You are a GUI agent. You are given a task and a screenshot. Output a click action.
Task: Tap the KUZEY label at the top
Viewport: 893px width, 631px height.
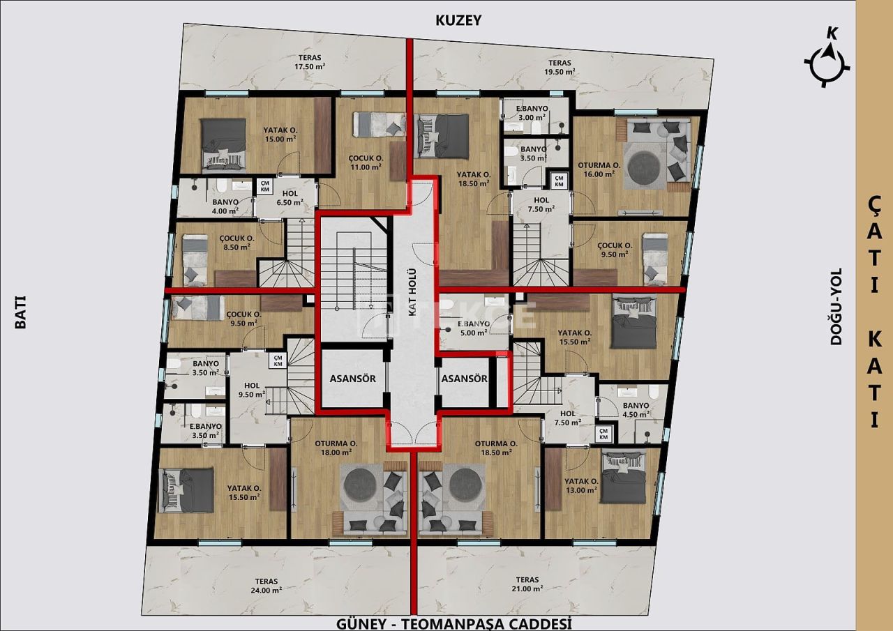(x=458, y=20)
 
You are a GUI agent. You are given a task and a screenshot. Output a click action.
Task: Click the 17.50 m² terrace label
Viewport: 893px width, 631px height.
(x=310, y=61)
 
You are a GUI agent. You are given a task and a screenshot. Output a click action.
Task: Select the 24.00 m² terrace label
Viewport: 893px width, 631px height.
(x=267, y=585)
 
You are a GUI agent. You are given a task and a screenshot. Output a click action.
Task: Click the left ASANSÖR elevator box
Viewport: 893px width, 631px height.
(x=353, y=379)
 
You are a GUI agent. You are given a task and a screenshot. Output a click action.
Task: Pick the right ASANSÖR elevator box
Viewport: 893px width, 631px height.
(x=464, y=379)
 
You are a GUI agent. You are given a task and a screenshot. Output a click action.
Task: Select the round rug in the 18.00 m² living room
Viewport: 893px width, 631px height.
(x=362, y=484)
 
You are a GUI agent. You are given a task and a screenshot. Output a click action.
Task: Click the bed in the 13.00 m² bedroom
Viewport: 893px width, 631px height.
(x=624, y=478)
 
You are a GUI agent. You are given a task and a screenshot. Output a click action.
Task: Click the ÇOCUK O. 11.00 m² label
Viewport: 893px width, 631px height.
(x=366, y=162)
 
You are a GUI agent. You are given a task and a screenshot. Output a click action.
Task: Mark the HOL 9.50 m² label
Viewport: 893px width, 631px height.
(x=251, y=390)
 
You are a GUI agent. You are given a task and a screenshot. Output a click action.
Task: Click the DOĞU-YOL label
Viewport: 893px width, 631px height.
(x=836, y=307)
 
